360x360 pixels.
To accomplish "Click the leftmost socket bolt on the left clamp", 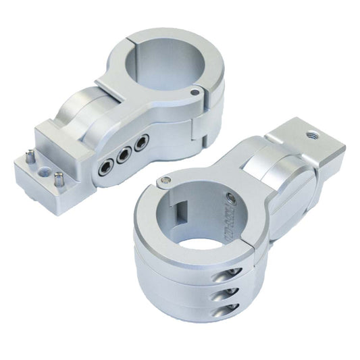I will (x=106, y=167).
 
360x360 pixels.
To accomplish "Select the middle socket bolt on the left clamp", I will (x=124, y=155).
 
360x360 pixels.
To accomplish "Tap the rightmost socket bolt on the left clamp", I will (x=141, y=143).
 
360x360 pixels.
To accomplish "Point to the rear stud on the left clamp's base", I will (x=30, y=157).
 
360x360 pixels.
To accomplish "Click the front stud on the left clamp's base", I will (x=59, y=180).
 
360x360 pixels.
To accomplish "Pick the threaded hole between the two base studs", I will (x=45, y=171).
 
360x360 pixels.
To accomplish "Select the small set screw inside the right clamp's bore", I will (x=233, y=199).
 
